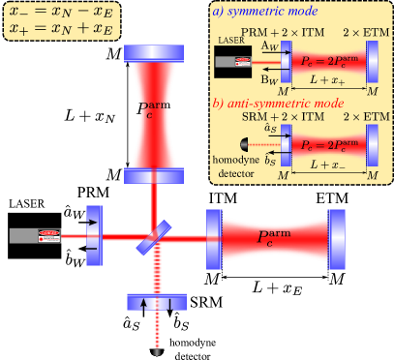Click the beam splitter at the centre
[155, 235]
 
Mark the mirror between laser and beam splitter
[93, 235]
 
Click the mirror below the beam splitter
[155, 302]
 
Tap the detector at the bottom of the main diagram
[155, 341]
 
